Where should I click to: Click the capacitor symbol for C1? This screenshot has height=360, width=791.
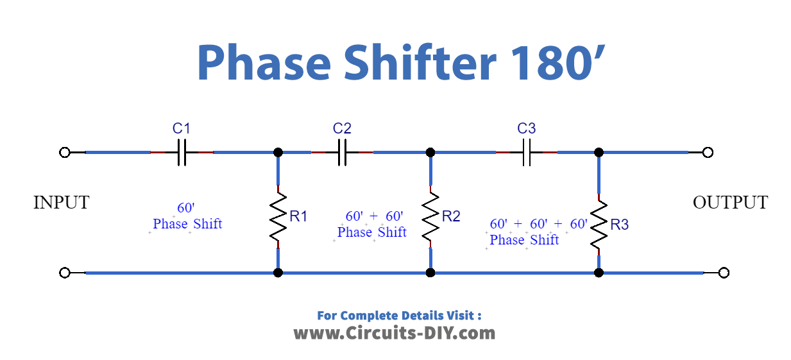[182, 153]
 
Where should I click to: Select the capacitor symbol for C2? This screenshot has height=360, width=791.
[342, 153]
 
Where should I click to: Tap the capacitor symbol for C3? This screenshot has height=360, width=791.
[527, 153]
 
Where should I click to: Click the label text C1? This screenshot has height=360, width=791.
[182, 128]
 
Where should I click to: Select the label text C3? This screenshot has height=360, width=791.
[527, 128]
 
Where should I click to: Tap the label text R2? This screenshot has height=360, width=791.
[451, 217]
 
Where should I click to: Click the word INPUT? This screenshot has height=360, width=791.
[61, 203]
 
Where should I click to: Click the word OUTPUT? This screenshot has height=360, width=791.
[730, 203]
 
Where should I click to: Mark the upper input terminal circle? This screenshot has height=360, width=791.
[64, 153]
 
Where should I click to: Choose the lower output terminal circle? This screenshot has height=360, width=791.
[724, 273]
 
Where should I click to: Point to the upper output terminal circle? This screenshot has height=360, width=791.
[708, 153]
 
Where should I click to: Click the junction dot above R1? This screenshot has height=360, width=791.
[278, 153]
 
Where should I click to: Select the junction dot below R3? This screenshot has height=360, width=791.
[599, 273]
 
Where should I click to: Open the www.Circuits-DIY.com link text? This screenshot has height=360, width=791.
[395, 333]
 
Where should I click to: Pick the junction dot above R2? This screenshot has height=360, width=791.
[430, 153]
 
